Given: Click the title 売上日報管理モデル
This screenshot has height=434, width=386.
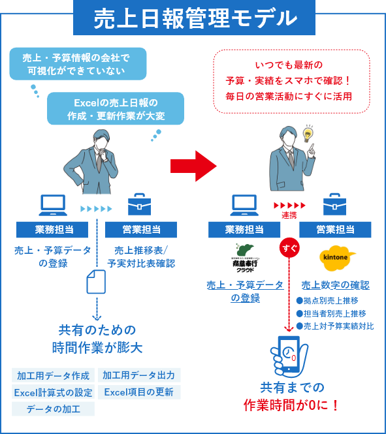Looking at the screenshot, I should click(x=194, y=18).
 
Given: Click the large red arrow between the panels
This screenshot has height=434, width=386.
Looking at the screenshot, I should click(x=193, y=166).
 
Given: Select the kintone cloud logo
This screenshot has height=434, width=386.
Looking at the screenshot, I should click(x=338, y=257).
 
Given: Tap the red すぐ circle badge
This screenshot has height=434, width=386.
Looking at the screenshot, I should click(x=288, y=249).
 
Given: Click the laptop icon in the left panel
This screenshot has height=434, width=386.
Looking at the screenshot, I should click(x=54, y=205).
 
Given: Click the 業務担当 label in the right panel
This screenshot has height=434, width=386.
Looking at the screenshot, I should click(x=244, y=230).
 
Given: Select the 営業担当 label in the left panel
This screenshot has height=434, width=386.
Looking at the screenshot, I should click(x=141, y=230).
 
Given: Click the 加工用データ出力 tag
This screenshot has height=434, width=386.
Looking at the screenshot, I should click(x=138, y=375).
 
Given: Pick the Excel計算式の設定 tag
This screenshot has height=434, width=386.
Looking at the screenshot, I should click(x=53, y=392).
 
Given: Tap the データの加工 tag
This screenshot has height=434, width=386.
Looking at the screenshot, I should click(x=53, y=409).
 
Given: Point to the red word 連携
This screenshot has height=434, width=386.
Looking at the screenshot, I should click(x=289, y=216).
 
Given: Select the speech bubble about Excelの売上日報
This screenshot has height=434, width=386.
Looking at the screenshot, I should click(x=116, y=108).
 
